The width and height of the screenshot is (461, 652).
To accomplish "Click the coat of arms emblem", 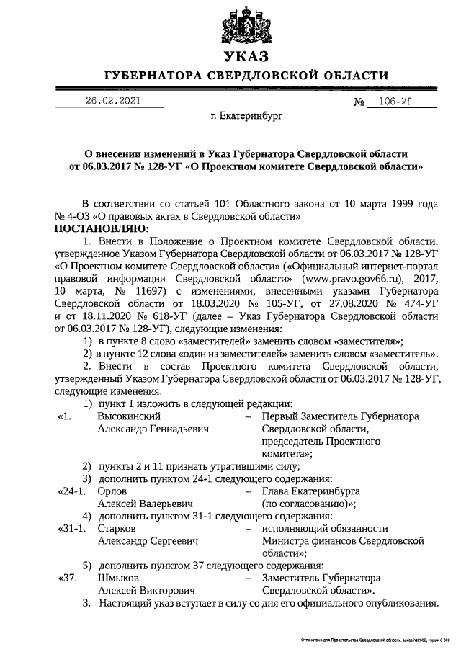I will (x=246, y=24).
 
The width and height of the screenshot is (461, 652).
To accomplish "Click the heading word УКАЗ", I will (x=246, y=57).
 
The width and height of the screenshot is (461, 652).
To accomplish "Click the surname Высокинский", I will (x=129, y=416).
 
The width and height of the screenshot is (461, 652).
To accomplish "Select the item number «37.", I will (x=67, y=578).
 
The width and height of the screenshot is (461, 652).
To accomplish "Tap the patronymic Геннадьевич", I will (x=175, y=429).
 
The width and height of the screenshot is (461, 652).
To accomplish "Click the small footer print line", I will (x=374, y=640).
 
